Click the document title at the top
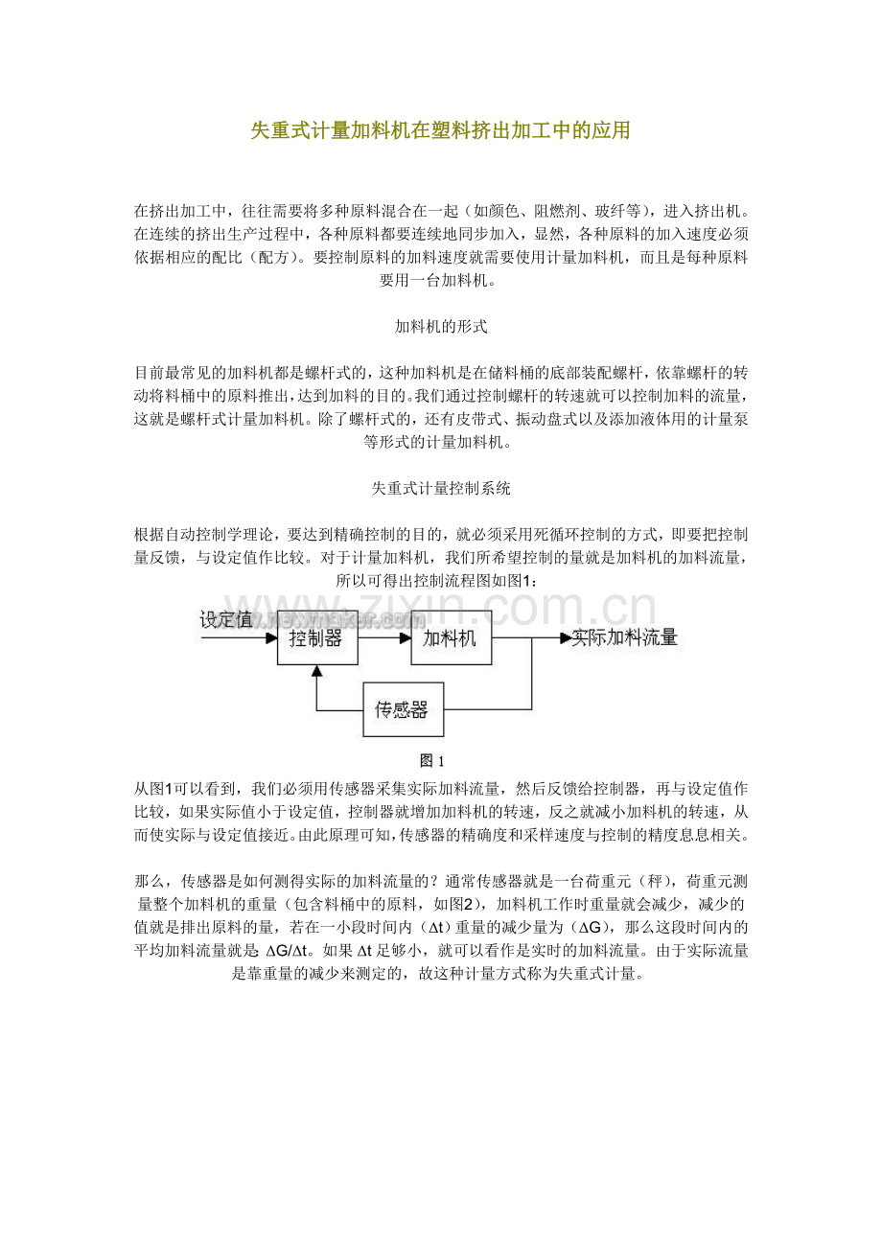(x=440, y=130)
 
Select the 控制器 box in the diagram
(x=317, y=637)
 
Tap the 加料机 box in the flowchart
(x=451, y=637)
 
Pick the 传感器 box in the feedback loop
(x=402, y=710)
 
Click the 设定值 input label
(x=226, y=619)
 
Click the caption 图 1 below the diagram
(x=432, y=761)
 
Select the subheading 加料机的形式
(x=441, y=327)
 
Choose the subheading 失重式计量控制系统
(x=441, y=488)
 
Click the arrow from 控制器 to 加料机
(x=384, y=637)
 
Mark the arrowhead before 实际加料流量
(x=565, y=637)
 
